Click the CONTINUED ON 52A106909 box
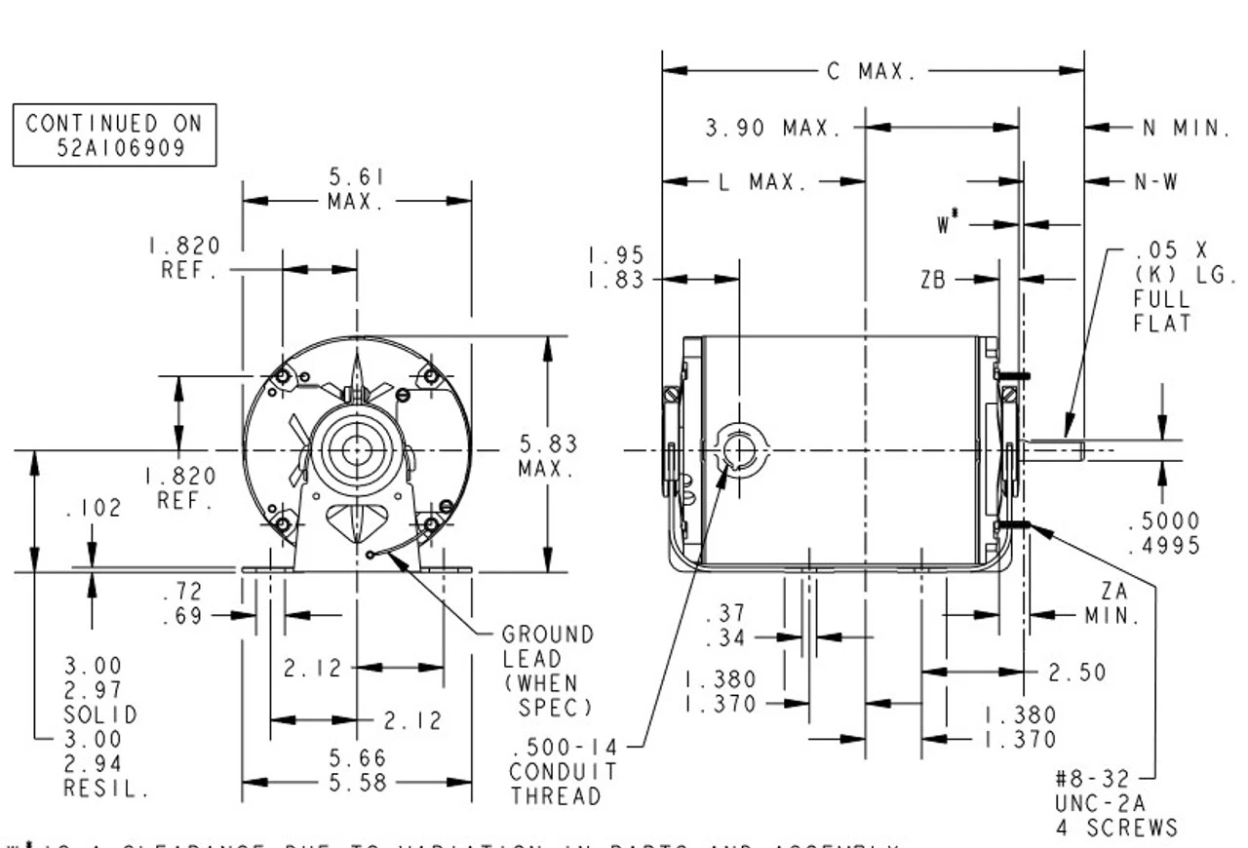[114, 135]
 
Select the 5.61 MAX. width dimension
[356, 189]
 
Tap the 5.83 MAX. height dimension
[547, 456]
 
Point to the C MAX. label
[872, 71]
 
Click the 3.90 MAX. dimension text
[773, 128]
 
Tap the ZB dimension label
[933, 281]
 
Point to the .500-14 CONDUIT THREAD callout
[564, 772]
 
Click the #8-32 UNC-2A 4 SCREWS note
[1115, 804]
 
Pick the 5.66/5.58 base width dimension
[357, 770]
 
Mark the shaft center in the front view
[357, 450]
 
